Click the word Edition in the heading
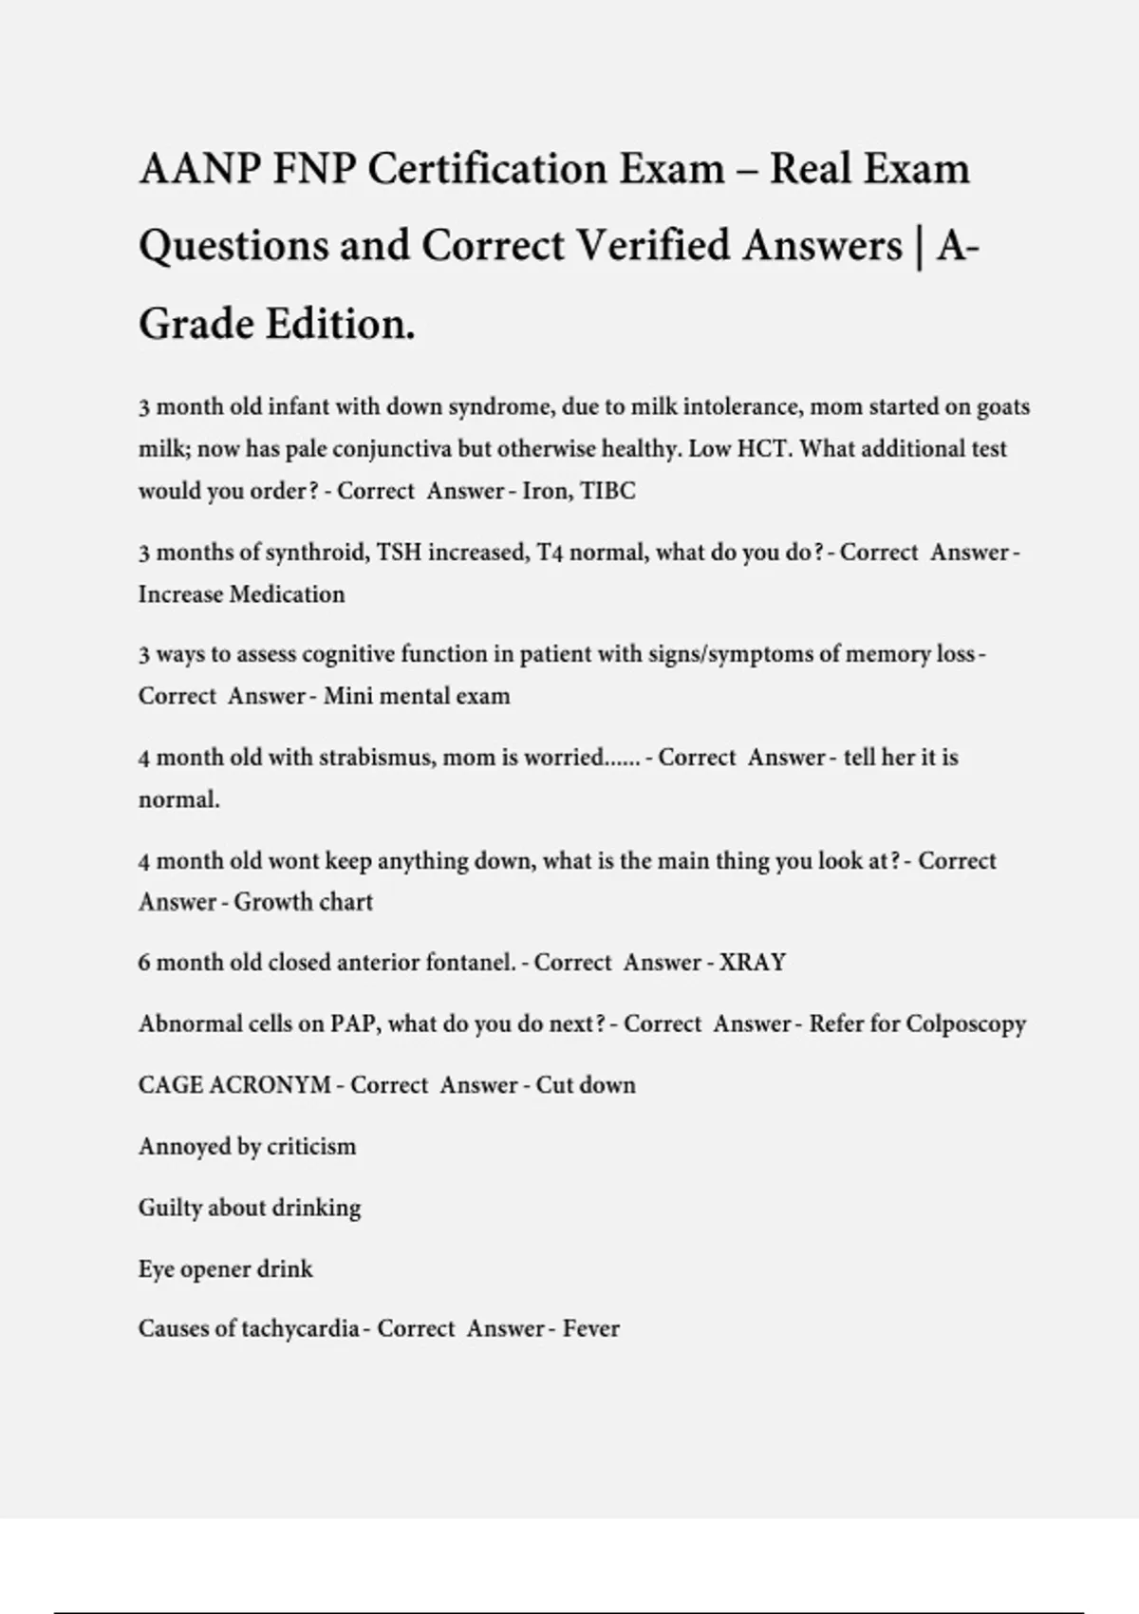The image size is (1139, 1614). point(339,324)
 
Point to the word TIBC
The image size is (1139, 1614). point(607,491)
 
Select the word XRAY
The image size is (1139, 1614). point(752,963)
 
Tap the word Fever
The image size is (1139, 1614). point(590,1328)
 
